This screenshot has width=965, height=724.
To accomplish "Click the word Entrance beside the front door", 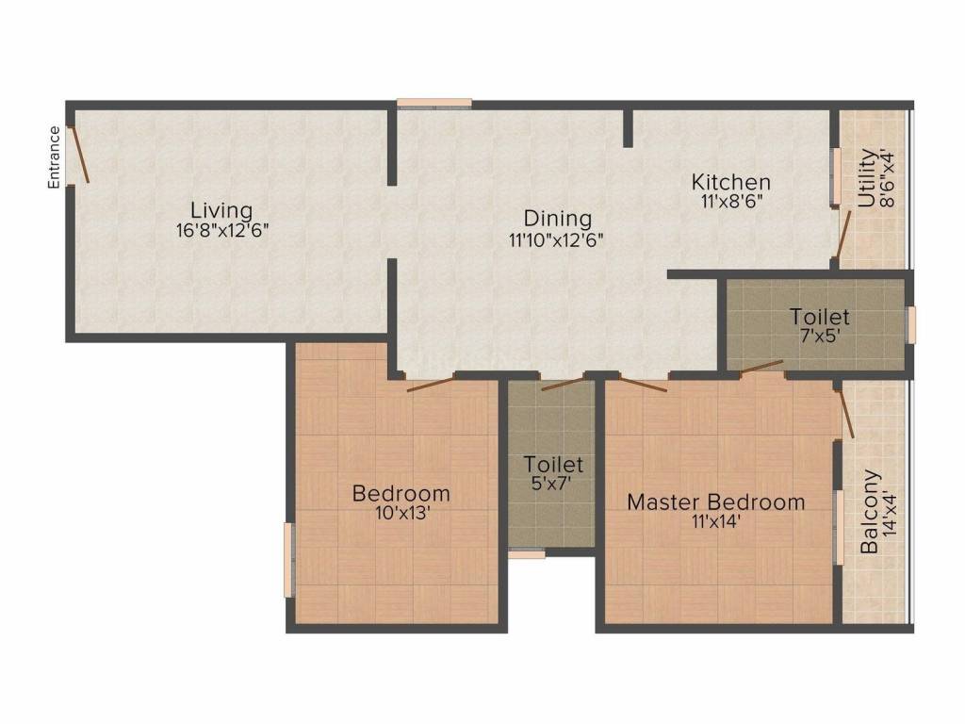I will [55, 157].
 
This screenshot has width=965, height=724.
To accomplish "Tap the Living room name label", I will [221, 209].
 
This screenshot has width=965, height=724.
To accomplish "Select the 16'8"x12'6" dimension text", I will [223, 230].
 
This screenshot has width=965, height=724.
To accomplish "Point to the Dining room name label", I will [558, 219].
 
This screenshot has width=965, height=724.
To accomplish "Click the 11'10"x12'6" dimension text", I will [556, 239].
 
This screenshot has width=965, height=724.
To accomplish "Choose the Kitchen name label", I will [731, 182].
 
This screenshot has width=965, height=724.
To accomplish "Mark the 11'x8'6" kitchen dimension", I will [731, 202].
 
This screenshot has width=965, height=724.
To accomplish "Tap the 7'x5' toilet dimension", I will [819, 336].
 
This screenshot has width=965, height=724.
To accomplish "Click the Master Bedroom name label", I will [716, 502].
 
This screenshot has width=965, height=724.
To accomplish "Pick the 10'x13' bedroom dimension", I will [401, 513].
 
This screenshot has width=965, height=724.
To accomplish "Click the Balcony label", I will [869, 512].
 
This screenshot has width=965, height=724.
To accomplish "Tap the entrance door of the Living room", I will [80, 154].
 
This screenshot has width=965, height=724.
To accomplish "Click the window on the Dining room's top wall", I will [433, 103].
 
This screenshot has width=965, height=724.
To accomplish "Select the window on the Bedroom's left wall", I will [289, 560].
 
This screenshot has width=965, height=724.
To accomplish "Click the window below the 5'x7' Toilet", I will [527, 555].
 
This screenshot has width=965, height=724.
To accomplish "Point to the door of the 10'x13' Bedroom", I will [430, 382].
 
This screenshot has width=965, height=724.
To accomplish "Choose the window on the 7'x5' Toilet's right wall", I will [910, 323].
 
